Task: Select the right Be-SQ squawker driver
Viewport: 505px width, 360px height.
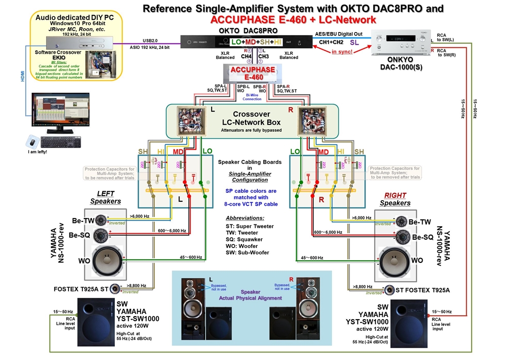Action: pyautogui.click(x=401, y=236)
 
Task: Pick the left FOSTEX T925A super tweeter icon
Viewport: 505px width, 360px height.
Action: pyautogui.click(x=115, y=288)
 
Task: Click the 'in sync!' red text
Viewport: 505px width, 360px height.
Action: pyautogui.click(x=342, y=52)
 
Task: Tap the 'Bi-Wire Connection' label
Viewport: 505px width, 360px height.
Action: pyautogui.click(x=252, y=96)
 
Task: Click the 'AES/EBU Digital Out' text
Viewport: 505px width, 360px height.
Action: pyautogui.click(x=338, y=34)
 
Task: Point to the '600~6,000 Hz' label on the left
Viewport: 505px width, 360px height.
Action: pyautogui.click(x=173, y=230)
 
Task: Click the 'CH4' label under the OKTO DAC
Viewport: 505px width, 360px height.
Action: pyautogui.click(x=246, y=56)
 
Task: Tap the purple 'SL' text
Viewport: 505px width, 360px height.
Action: pyautogui.click(x=354, y=43)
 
